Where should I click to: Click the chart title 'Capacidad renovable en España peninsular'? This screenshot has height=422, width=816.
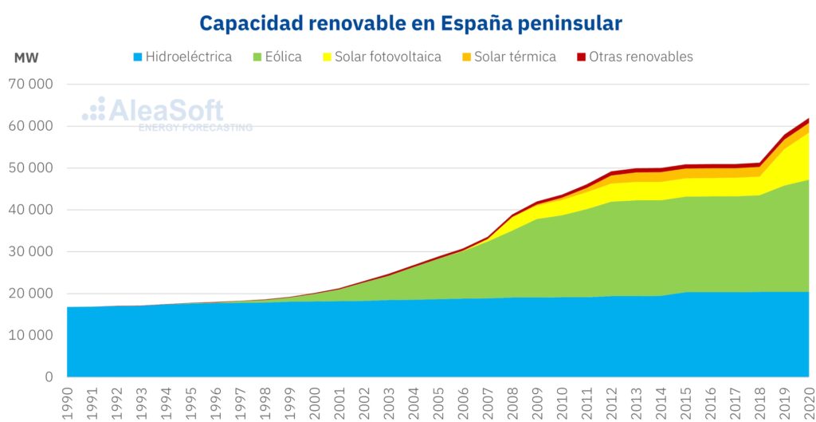click(410, 22)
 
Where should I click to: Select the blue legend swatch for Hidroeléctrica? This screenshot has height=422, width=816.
click(138, 57)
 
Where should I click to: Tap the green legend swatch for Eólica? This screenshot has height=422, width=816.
click(257, 57)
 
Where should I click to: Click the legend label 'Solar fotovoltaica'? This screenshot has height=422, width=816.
click(387, 57)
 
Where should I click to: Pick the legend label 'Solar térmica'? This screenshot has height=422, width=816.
click(515, 57)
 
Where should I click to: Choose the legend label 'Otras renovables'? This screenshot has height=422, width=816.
click(641, 57)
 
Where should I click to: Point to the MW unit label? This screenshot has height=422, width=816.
click(25, 57)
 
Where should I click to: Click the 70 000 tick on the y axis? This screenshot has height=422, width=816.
click(31, 85)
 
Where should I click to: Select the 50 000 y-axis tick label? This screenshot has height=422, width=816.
click(31, 168)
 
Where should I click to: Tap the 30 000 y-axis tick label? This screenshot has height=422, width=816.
click(31, 252)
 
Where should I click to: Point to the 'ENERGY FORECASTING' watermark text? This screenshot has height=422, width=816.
click(195, 128)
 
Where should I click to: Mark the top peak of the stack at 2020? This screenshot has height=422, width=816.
click(809, 119)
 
